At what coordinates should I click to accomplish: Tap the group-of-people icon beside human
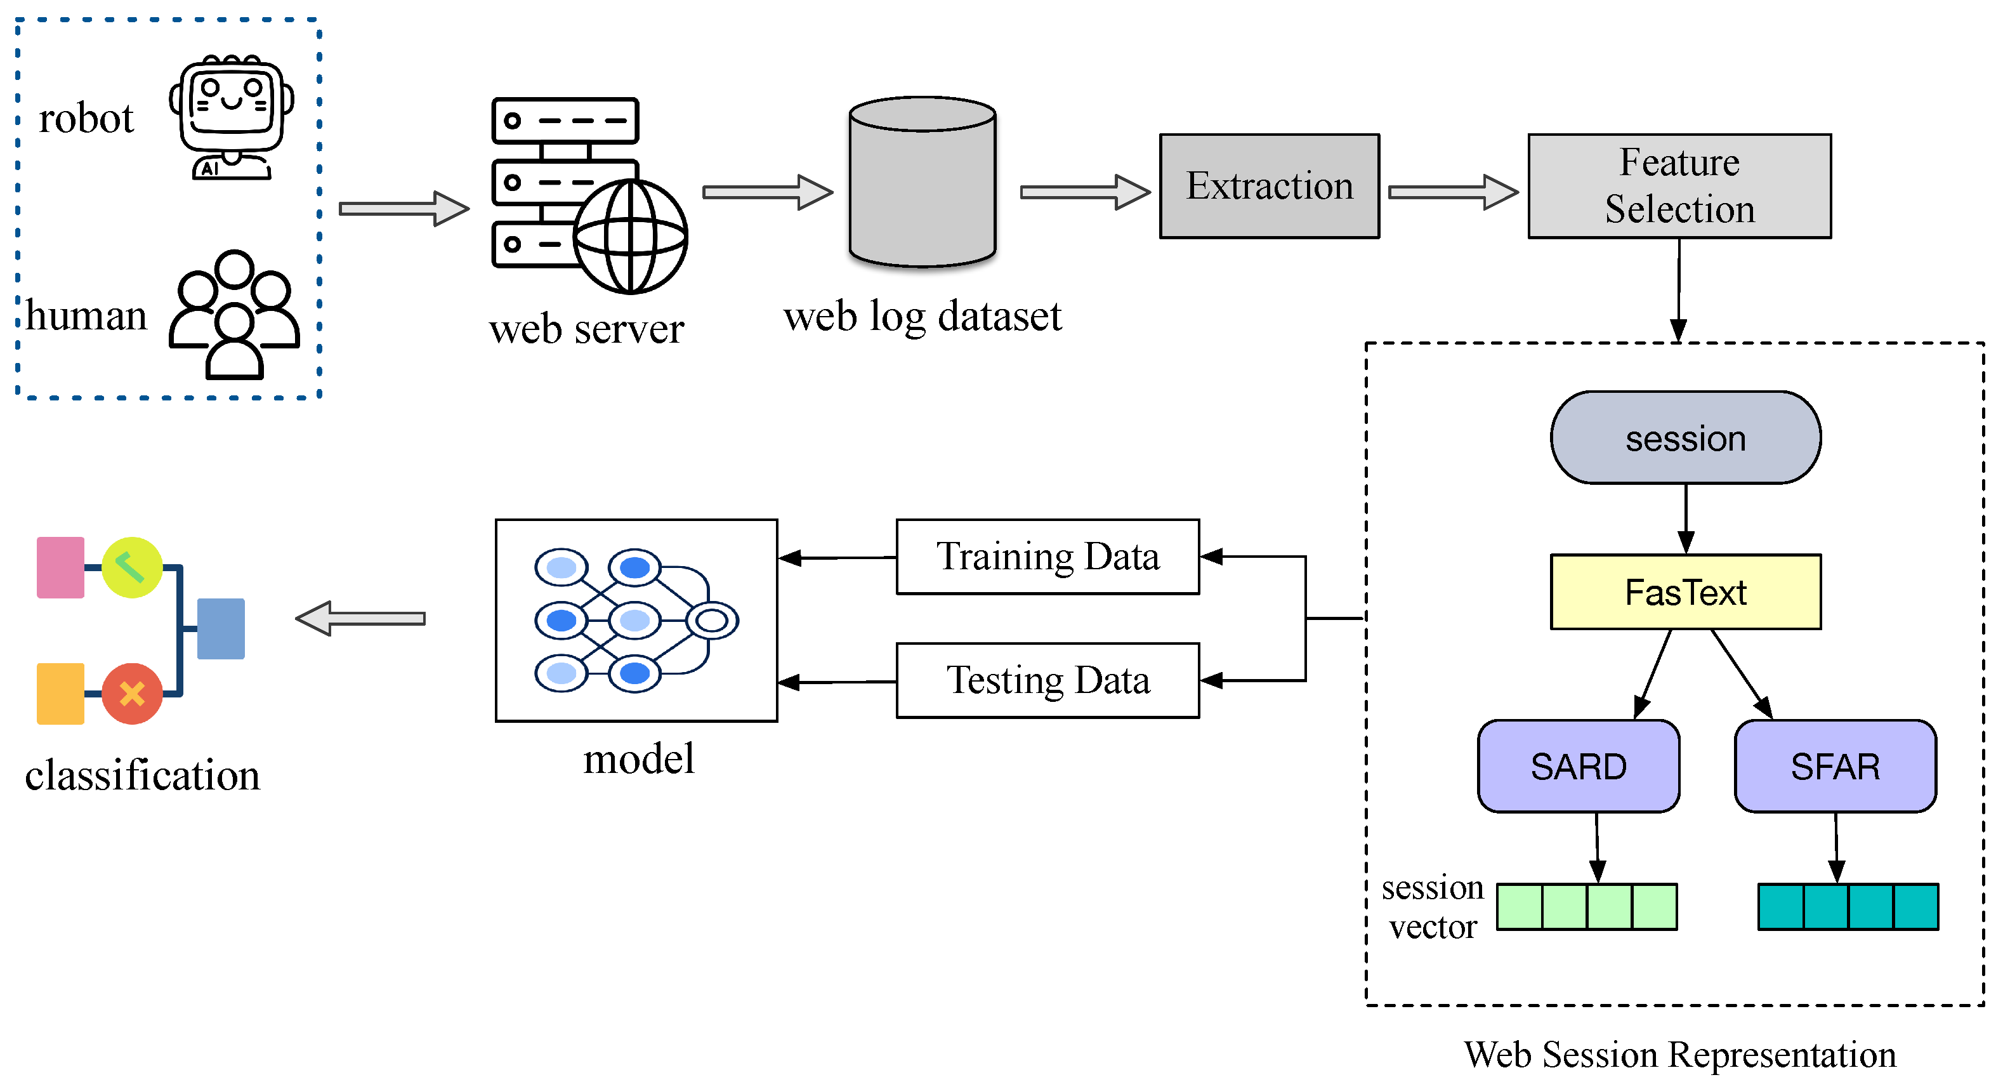234,315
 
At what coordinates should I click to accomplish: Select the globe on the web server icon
630,237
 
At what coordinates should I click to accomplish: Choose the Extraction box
1269,186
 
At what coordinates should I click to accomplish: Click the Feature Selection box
1679,186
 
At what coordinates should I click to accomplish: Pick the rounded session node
1685,438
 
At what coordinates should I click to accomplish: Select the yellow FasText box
1685,592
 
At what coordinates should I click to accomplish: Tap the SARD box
1578,766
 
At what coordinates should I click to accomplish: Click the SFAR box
1834,766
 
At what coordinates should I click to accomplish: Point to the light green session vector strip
1586,906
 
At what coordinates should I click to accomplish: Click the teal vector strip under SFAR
1848,906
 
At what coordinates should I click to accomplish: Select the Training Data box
1047,557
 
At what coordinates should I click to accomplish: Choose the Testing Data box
1047,680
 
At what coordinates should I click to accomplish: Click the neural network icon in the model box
634,620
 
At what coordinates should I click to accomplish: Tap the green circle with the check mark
131,567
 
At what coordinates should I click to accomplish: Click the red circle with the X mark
131,693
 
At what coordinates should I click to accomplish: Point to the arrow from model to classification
361,618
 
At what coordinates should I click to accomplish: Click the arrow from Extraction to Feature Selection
1452,192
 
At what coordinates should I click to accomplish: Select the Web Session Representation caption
1679,1055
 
